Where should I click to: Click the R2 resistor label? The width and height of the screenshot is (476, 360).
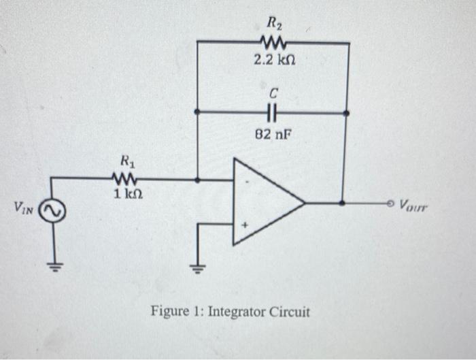[x=273, y=25]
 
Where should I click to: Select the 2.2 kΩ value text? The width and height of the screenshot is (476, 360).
[x=273, y=60]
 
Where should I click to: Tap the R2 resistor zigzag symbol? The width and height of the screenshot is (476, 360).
[x=273, y=43]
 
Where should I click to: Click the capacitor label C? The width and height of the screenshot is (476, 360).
[x=273, y=91]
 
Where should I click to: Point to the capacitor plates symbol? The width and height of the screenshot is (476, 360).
[x=273, y=111]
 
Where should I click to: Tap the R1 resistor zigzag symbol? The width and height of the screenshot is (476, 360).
[x=127, y=180]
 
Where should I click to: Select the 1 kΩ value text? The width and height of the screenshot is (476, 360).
[x=127, y=195]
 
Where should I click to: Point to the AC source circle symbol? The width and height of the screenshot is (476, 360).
[x=52, y=212]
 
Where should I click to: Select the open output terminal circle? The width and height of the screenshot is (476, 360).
[x=390, y=203]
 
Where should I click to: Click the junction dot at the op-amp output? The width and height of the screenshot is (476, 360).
[x=341, y=203]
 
